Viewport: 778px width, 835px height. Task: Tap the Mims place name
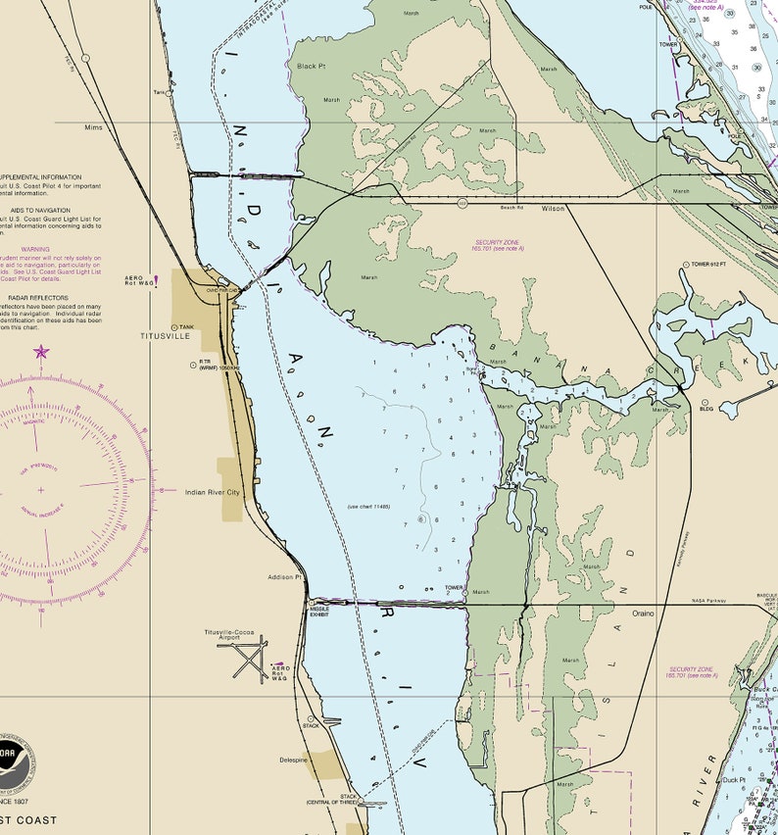pos(93,127)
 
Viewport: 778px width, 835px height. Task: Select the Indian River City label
pos(212,492)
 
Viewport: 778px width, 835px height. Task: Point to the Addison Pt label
pos(283,577)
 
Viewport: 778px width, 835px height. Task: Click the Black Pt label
pos(311,66)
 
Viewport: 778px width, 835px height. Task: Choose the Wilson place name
pos(553,209)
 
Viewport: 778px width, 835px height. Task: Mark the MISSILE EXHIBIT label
pos(319,612)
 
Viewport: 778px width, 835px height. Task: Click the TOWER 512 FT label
pos(712,265)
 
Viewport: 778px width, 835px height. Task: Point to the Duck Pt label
pos(734,780)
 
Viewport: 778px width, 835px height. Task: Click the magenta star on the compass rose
pos(41,351)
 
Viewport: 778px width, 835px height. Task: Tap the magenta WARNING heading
pos(35,249)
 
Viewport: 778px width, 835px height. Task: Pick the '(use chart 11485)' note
pos(368,507)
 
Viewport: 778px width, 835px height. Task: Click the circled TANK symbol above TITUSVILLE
pos(175,327)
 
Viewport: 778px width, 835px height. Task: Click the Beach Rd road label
pos(512,208)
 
